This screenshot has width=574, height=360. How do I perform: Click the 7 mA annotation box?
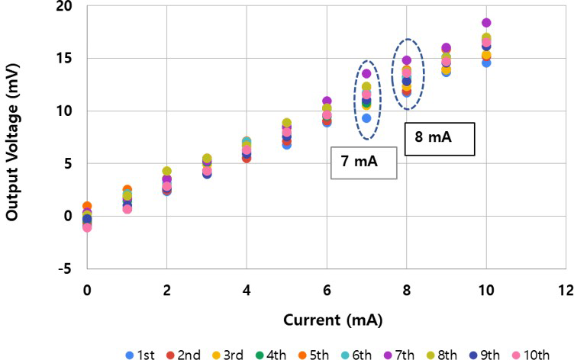tap(363, 162)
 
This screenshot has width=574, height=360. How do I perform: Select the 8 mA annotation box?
tap(439, 140)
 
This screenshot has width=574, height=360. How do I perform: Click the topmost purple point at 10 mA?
tap(486, 23)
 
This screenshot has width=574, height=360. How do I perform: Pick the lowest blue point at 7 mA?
tap(366, 118)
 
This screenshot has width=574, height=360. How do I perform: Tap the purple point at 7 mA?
tap(366, 74)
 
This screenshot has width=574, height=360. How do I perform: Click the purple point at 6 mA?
tap(327, 101)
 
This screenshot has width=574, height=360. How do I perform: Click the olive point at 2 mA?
tap(166, 172)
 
